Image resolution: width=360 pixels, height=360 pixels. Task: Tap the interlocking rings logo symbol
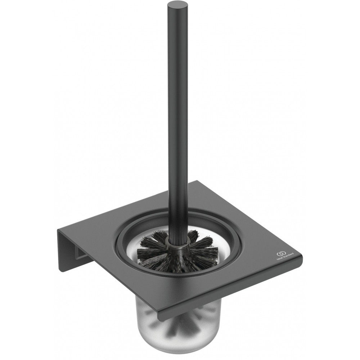[280, 253]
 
